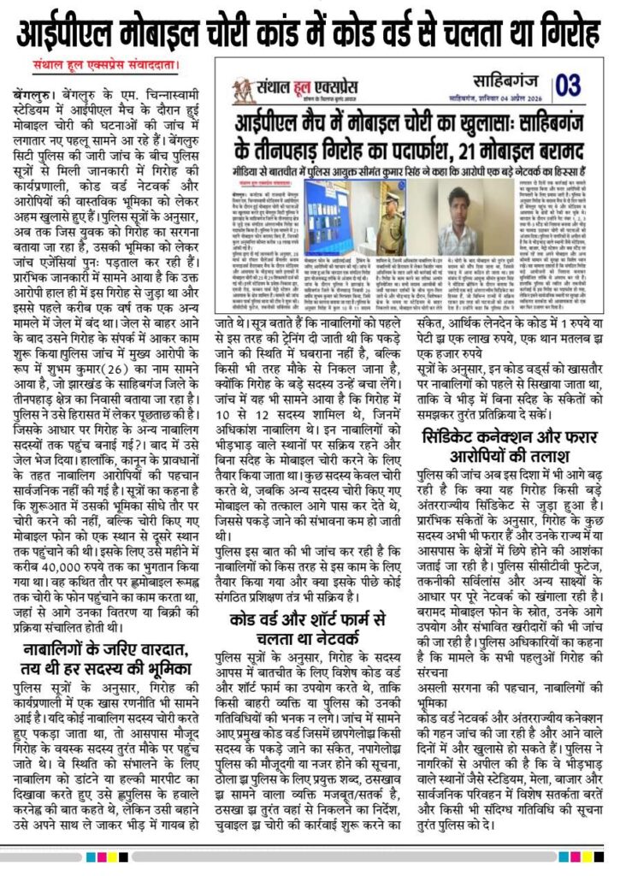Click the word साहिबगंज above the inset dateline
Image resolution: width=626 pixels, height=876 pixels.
tap(505, 80)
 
